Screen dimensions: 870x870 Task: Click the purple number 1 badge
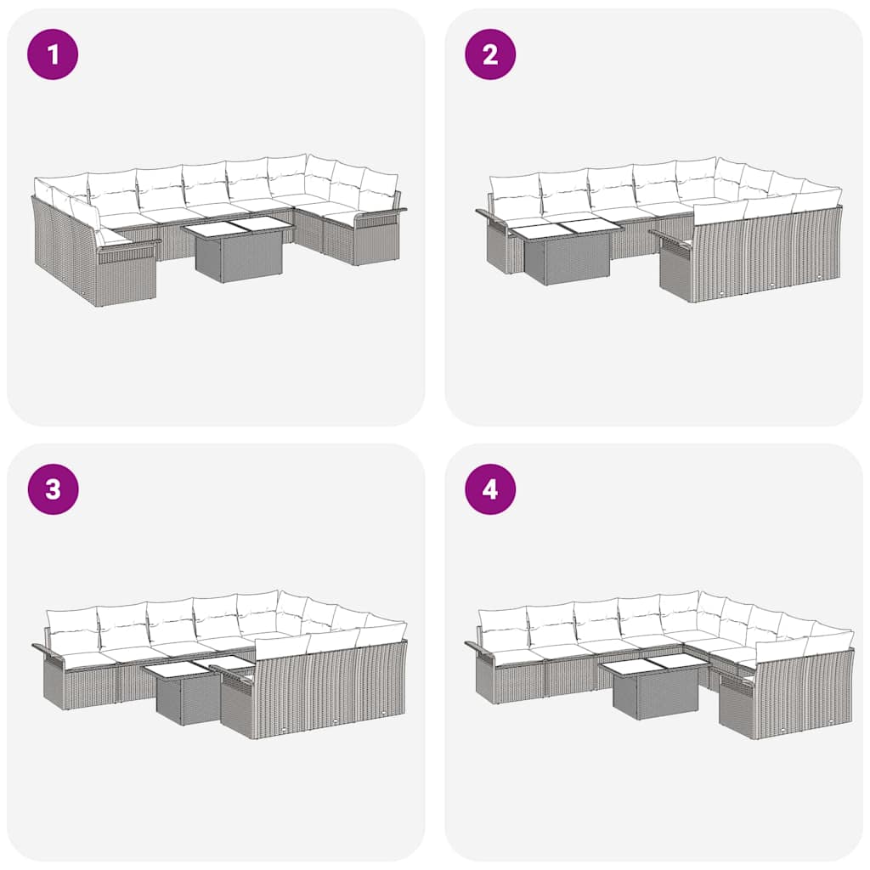[x=53, y=54]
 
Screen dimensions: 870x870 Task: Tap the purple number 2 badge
[x=490, y=54]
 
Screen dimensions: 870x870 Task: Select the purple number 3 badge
[x=53, y=489]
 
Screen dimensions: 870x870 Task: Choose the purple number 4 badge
[x=490, y=489]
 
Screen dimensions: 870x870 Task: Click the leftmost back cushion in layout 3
[x=72, y=627]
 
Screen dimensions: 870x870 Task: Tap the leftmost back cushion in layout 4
[x=503, y=624]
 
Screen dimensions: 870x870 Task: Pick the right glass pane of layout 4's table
[x=677, y=660]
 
